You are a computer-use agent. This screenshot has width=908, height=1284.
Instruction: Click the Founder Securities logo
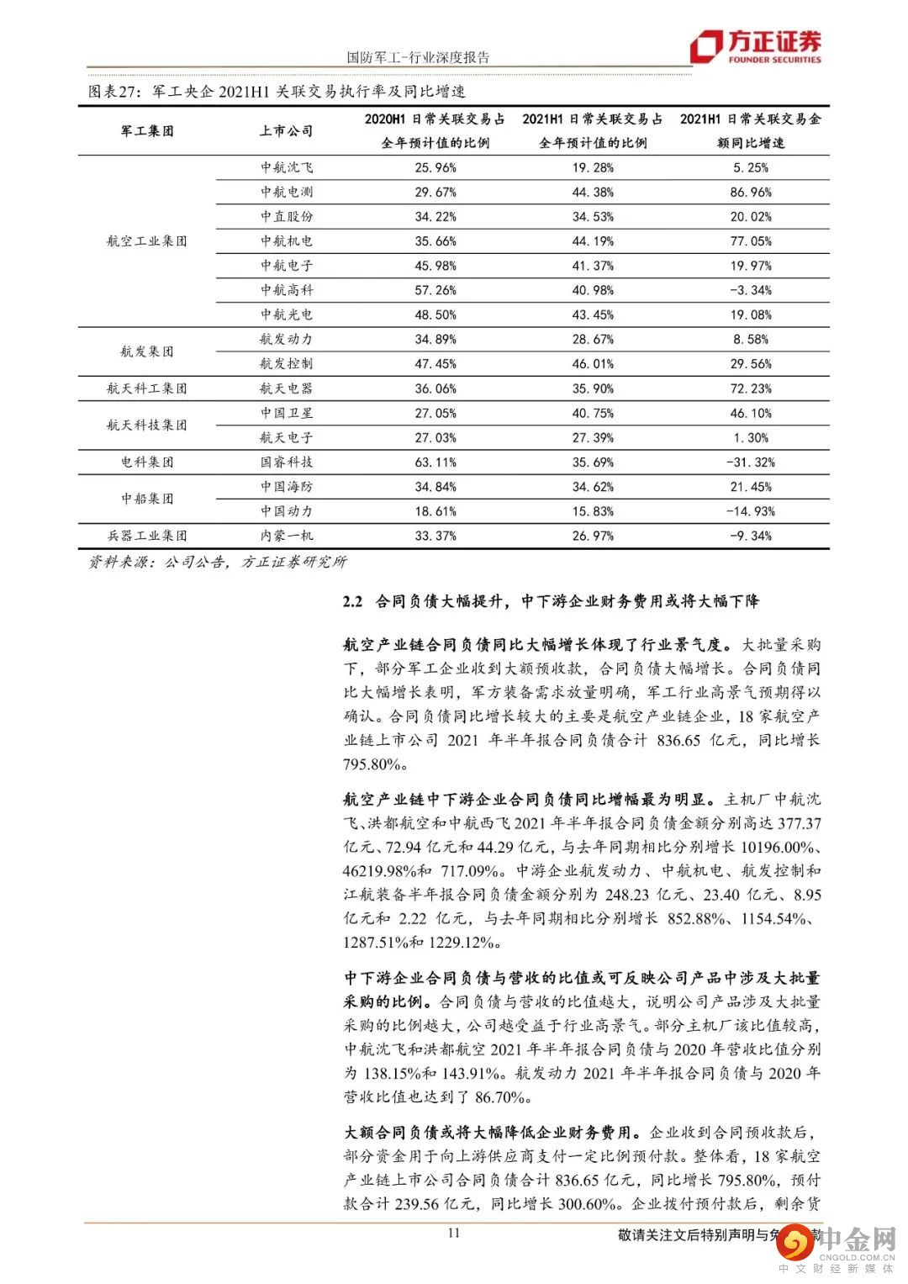coord(755,47)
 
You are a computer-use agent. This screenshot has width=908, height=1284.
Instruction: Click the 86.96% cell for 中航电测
coord(750,193)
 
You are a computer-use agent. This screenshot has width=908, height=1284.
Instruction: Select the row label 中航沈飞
coord(286,167)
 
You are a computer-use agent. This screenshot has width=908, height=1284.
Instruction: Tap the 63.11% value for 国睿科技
coord(436,462)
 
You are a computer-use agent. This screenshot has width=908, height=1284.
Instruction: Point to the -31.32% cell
coord(750,462)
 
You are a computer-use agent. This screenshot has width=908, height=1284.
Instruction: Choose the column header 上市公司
coord(286,131)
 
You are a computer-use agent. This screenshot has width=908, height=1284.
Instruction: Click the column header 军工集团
coord(146,131)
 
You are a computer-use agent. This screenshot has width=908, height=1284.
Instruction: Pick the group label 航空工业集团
coord(146,241)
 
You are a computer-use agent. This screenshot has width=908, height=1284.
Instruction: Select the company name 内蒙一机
coord(286,536)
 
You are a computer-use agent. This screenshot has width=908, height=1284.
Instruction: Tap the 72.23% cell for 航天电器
coord(750,388)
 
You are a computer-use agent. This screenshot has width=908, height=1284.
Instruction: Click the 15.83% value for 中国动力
coord(593,511)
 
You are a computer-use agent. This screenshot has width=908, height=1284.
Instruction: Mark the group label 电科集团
coord(146,462)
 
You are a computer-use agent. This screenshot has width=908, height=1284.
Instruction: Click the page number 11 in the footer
coord(454,1233)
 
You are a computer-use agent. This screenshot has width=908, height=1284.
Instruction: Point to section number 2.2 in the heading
coord(353,601)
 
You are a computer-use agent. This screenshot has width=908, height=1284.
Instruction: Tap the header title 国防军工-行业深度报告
coord(418,57)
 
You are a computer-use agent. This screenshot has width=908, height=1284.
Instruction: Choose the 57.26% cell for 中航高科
coord(436,290)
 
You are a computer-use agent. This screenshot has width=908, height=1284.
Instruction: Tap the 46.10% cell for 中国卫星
coord(750,413)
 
